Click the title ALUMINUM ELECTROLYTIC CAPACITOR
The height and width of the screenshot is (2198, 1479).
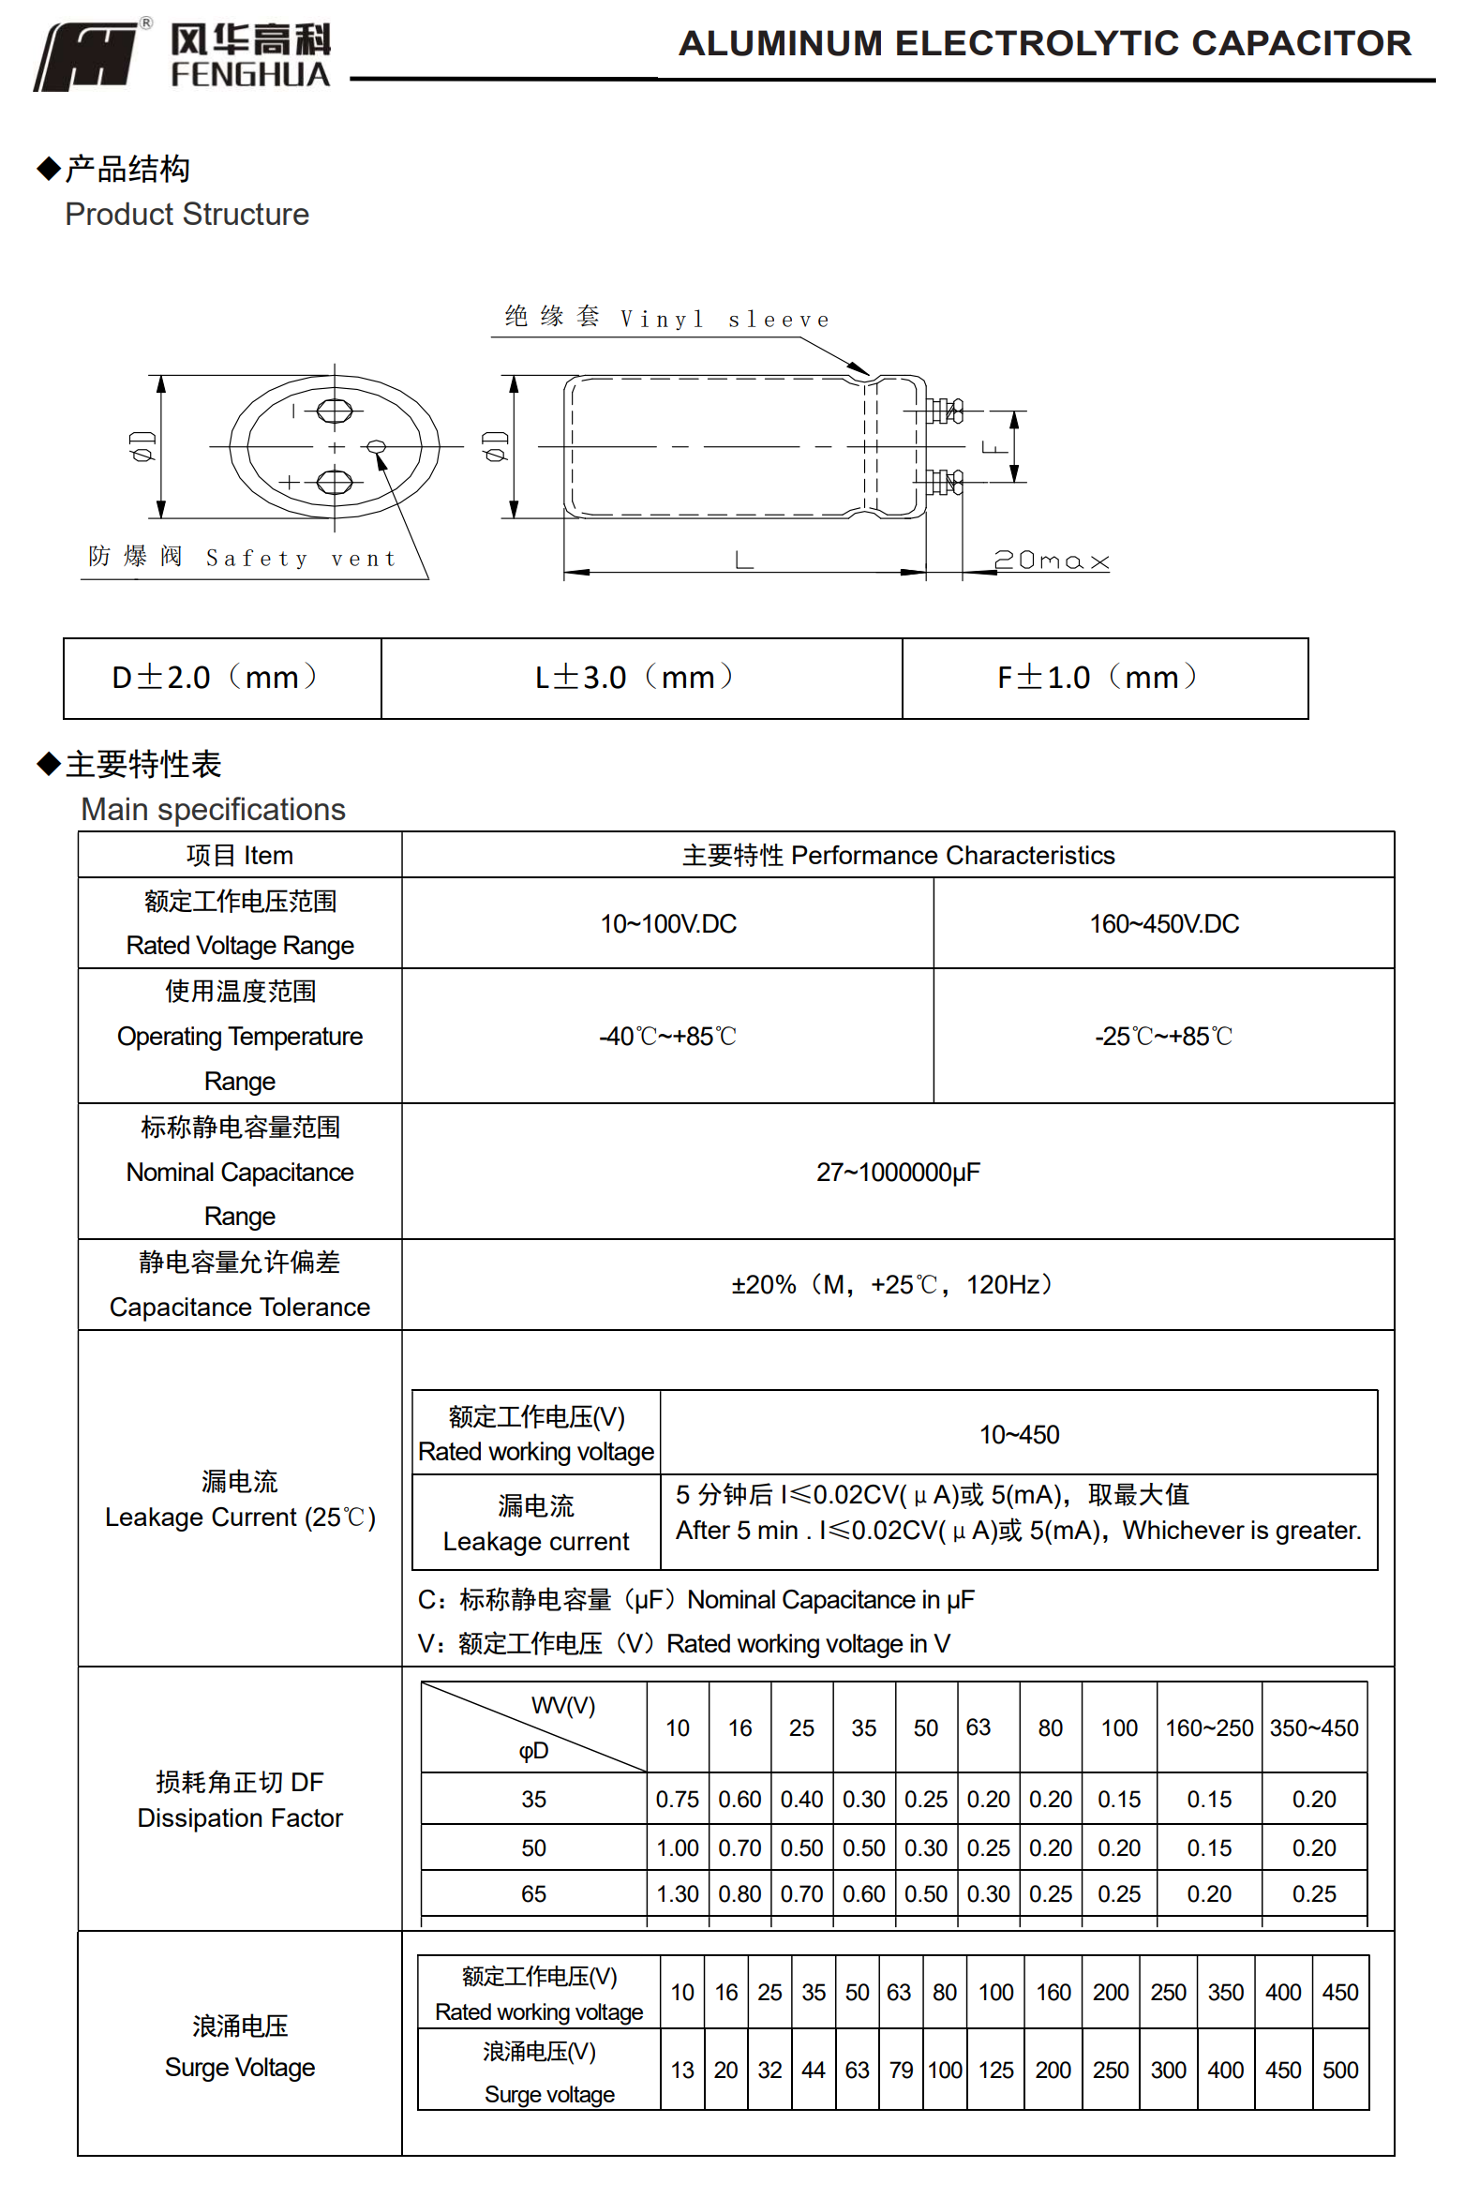pos(1044,43)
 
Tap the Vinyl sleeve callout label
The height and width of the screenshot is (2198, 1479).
pos(667,318)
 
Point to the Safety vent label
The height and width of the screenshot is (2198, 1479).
pos(243,558)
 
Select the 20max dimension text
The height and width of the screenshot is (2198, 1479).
pos(1051,561)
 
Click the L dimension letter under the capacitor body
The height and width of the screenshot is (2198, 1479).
pos(743,561)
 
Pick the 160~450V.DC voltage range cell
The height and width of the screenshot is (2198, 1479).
pos(1163,923)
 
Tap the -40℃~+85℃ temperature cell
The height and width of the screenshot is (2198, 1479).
pos(667,1036)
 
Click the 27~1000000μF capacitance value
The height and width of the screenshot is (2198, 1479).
pos(897,1172)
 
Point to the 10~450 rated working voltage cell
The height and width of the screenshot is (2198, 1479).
pos(1018,1434)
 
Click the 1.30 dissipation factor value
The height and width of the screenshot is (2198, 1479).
pos(678,1893)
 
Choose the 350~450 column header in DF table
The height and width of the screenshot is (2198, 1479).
pos(1313,1727)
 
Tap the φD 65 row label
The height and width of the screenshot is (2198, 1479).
pos(533,1893)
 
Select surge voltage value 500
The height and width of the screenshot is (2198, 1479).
pos(1339,2070)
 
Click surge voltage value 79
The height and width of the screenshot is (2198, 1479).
pos(901,2070)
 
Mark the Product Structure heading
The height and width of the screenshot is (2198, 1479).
pos(187,214)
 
